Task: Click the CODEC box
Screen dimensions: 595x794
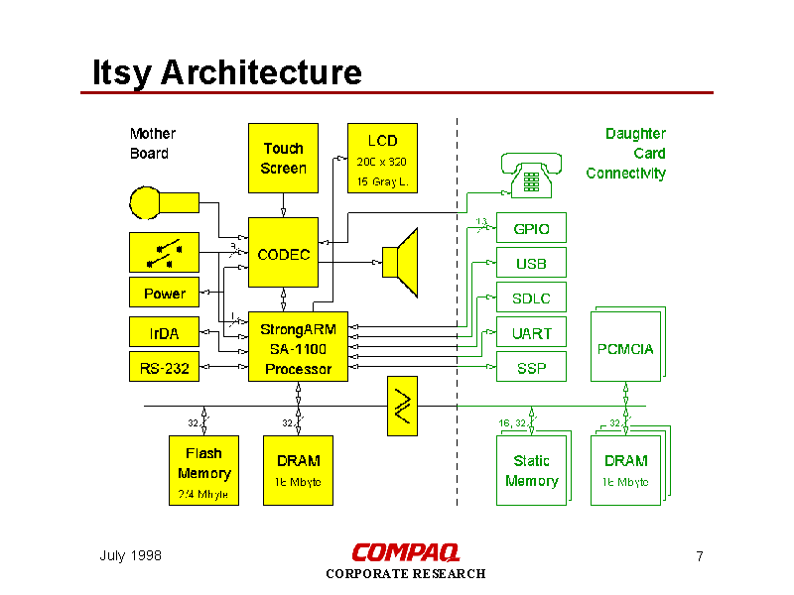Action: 283,255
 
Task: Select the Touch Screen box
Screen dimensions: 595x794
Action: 283,159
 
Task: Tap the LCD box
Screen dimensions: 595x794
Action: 382,159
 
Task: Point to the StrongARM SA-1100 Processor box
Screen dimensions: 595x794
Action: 298,349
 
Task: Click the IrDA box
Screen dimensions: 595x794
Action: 164,333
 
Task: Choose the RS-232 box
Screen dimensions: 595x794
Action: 164,369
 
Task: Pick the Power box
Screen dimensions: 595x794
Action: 164,293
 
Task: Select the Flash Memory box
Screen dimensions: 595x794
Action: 203,471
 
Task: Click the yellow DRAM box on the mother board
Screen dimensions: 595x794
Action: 298,471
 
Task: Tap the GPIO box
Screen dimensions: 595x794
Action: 531,229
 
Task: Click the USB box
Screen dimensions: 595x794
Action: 531,264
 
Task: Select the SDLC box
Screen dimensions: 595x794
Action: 531,298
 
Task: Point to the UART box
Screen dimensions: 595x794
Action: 531,333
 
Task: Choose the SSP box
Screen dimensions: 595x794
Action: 531,368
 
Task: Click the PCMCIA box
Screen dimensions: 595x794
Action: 625,348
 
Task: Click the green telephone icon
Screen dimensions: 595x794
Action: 532,176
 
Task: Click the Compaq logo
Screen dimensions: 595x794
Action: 405,552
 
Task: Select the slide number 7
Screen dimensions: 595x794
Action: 700,556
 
